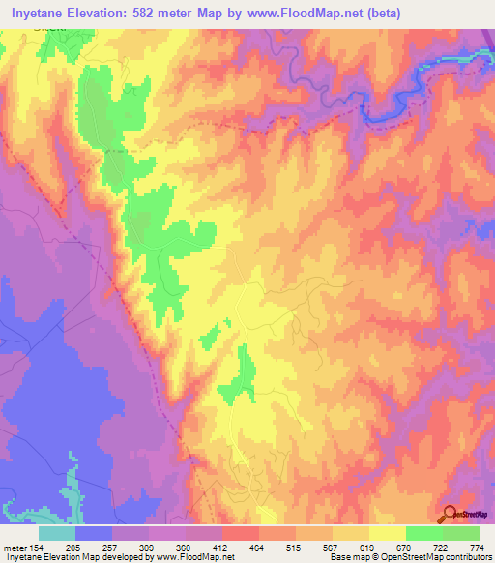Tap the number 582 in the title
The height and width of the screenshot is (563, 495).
click(159, 14)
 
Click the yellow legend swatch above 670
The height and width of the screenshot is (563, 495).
click(388, 533)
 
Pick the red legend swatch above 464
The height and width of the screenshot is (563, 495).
click(241, 533)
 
